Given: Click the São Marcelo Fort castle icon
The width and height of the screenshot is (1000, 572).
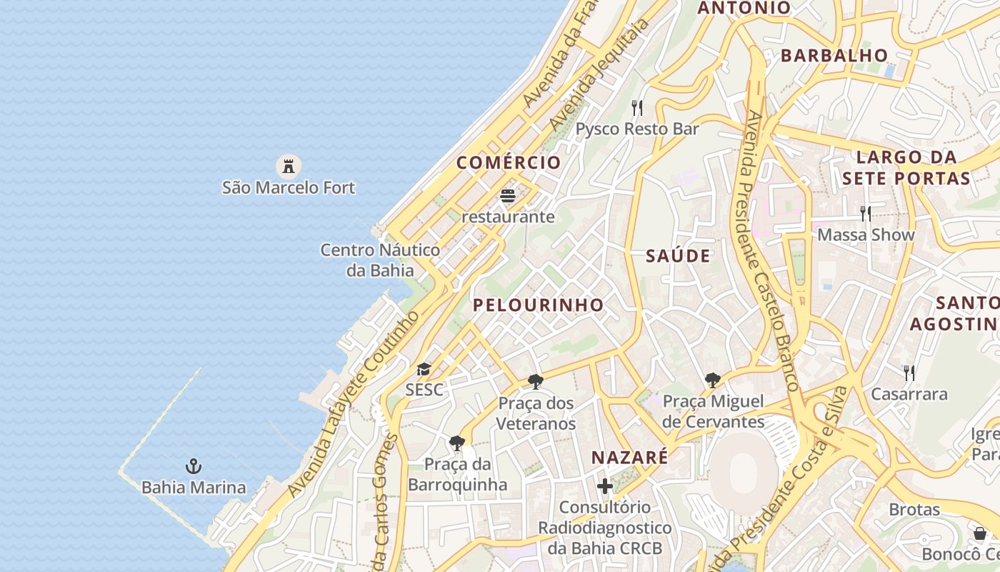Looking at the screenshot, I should pyautogui.click(x=289, y=167).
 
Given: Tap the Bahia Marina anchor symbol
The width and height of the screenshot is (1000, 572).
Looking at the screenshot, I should pyautogui.click(x=193, y=466).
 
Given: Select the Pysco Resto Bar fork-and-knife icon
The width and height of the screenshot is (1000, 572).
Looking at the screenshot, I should pyautogui.click(x=637, y=108).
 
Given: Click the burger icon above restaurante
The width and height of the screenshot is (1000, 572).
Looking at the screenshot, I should pyautogui.click(x=508, y=195).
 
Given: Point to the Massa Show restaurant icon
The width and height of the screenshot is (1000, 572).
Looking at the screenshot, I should pyautogui.click(x=866, y=213).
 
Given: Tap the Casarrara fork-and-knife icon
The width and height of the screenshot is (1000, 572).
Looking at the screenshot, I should pyautogui.click(x=909, y=373).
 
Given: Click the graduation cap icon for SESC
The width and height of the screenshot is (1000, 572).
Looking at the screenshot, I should pyautogui.click(x=424, y=370).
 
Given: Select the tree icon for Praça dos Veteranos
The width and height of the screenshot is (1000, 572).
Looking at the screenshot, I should pyautogui.click(x=536, y=382).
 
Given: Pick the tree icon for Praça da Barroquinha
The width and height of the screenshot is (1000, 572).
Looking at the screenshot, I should pyautogui.click(x=457, y=443).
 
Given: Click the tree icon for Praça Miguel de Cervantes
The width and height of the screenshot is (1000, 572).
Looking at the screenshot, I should pyautogui.click(x=712, y=380).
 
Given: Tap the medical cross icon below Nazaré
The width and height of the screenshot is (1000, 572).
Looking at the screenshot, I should pyautogui.click(x=605, y=487).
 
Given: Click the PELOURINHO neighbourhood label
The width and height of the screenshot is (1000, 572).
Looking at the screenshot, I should pyautogui.click(x=538, y=305).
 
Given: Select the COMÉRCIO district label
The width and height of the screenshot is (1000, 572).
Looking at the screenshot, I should pyautogui.click(x=509, y=162).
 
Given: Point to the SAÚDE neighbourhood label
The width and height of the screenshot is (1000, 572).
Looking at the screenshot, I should pyautogui.click(x=678, y=256).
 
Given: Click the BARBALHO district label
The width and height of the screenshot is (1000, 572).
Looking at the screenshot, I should pyautogui.click(x=834, y=56).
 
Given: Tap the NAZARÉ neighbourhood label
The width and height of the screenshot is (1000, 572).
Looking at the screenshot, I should pyautogui.click(x=629, y=458).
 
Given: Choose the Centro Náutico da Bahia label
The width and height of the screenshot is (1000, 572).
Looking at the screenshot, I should pyautogui.click(x=380, y=260).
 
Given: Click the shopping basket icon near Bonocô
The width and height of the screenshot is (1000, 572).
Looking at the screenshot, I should pyautogui.click(x=980, y=533).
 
